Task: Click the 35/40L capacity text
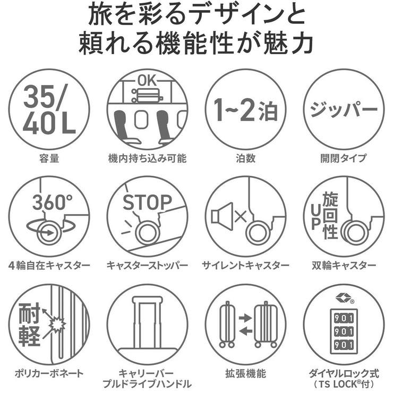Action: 49,109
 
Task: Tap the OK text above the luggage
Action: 147,81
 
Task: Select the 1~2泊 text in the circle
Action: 245,109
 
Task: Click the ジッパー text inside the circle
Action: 343,109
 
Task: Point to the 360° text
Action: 52,202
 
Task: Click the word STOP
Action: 147,202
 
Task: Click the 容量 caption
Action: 49,158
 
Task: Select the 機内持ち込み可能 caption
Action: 147,158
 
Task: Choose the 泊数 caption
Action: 245,158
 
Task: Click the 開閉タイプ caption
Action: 343,158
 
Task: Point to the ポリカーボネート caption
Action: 49,372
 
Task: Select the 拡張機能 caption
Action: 245,372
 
